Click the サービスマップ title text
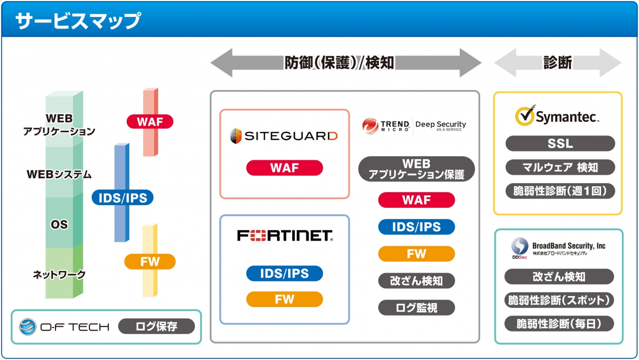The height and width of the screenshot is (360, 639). coord(77,21)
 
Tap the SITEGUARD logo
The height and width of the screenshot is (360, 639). coord(284,136)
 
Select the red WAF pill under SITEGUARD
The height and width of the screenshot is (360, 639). coord(284,168)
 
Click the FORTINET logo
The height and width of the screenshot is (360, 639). coord(285,236)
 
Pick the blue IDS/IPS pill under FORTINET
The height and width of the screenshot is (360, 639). coord(284,274)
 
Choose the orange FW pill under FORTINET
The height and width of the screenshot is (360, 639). coord(284,299)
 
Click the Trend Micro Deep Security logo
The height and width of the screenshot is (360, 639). coord(414,125)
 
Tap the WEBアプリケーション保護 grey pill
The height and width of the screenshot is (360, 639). coord(416,169)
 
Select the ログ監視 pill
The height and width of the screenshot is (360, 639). coord(416,308)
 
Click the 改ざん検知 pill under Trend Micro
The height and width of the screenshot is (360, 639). coord(416,281)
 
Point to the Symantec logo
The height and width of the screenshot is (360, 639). coord(557,116)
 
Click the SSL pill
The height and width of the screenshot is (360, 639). coord(560,143)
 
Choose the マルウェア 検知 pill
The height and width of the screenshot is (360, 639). coord(560,167)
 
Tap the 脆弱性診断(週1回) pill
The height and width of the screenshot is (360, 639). coord(560,191)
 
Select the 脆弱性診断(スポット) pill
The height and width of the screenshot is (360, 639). coord(559,300)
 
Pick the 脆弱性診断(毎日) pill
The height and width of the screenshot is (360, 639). coord(559,324)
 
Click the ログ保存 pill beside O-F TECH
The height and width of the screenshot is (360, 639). coord(156,327)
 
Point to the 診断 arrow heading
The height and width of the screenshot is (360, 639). coord(558,63)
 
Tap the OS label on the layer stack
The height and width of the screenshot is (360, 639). coord(59,225)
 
